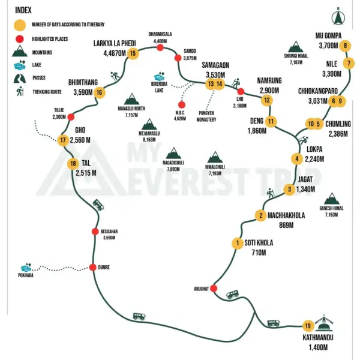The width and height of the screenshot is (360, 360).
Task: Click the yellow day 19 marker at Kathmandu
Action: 308,326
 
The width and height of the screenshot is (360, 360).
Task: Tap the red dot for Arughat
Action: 214,288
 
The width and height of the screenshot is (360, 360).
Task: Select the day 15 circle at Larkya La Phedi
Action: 133,53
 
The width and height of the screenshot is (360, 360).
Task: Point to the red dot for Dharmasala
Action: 160,47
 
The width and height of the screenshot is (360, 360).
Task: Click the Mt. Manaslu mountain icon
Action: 149,124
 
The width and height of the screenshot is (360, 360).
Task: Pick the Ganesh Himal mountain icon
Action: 332,199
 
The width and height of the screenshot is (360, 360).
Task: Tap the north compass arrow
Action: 338,16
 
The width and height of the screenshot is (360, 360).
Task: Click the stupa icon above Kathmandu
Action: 324,323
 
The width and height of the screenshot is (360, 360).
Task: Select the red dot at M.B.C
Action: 182,105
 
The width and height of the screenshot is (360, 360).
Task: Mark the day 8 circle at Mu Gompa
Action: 345,46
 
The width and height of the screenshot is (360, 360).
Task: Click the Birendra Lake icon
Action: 159,77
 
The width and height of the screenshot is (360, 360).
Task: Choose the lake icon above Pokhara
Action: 26,268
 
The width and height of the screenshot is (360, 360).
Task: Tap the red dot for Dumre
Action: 93,267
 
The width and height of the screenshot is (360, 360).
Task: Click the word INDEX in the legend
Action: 23,10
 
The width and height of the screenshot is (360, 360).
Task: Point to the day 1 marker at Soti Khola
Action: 238,243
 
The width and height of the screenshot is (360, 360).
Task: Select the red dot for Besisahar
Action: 95,232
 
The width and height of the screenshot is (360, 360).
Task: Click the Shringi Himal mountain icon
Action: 296,47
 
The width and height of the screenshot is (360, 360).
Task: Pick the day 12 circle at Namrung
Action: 267,100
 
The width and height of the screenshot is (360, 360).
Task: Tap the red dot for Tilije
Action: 71,117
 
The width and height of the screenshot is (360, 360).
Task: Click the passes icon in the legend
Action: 20,78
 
